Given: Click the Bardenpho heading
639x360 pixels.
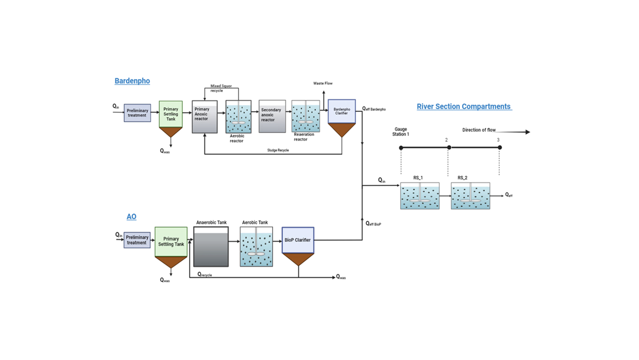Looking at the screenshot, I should pos(132,81).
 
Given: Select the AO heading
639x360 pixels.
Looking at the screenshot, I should pos(131,217).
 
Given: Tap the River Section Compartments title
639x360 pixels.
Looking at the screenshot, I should pos(464,106).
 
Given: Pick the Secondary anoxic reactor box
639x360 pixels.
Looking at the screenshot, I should pos(272,117).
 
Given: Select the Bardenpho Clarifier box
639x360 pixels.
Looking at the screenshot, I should pos(342,112).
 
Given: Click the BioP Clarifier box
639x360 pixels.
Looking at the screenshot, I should pos(297,240).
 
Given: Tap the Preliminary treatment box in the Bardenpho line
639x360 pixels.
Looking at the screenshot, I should pos(137,113).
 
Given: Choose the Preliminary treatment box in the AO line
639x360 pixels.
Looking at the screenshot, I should pos(137,240).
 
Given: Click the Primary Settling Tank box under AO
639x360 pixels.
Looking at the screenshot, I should pos(171,242).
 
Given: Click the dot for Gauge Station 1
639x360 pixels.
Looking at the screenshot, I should pos(401,148).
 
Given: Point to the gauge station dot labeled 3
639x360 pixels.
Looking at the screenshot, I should pos(500,148).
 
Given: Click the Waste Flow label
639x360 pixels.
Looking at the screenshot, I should pos(323,83).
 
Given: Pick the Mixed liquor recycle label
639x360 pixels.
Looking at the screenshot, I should pos(221,88).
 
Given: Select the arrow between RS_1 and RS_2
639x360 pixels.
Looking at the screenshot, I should pos(445,195).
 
